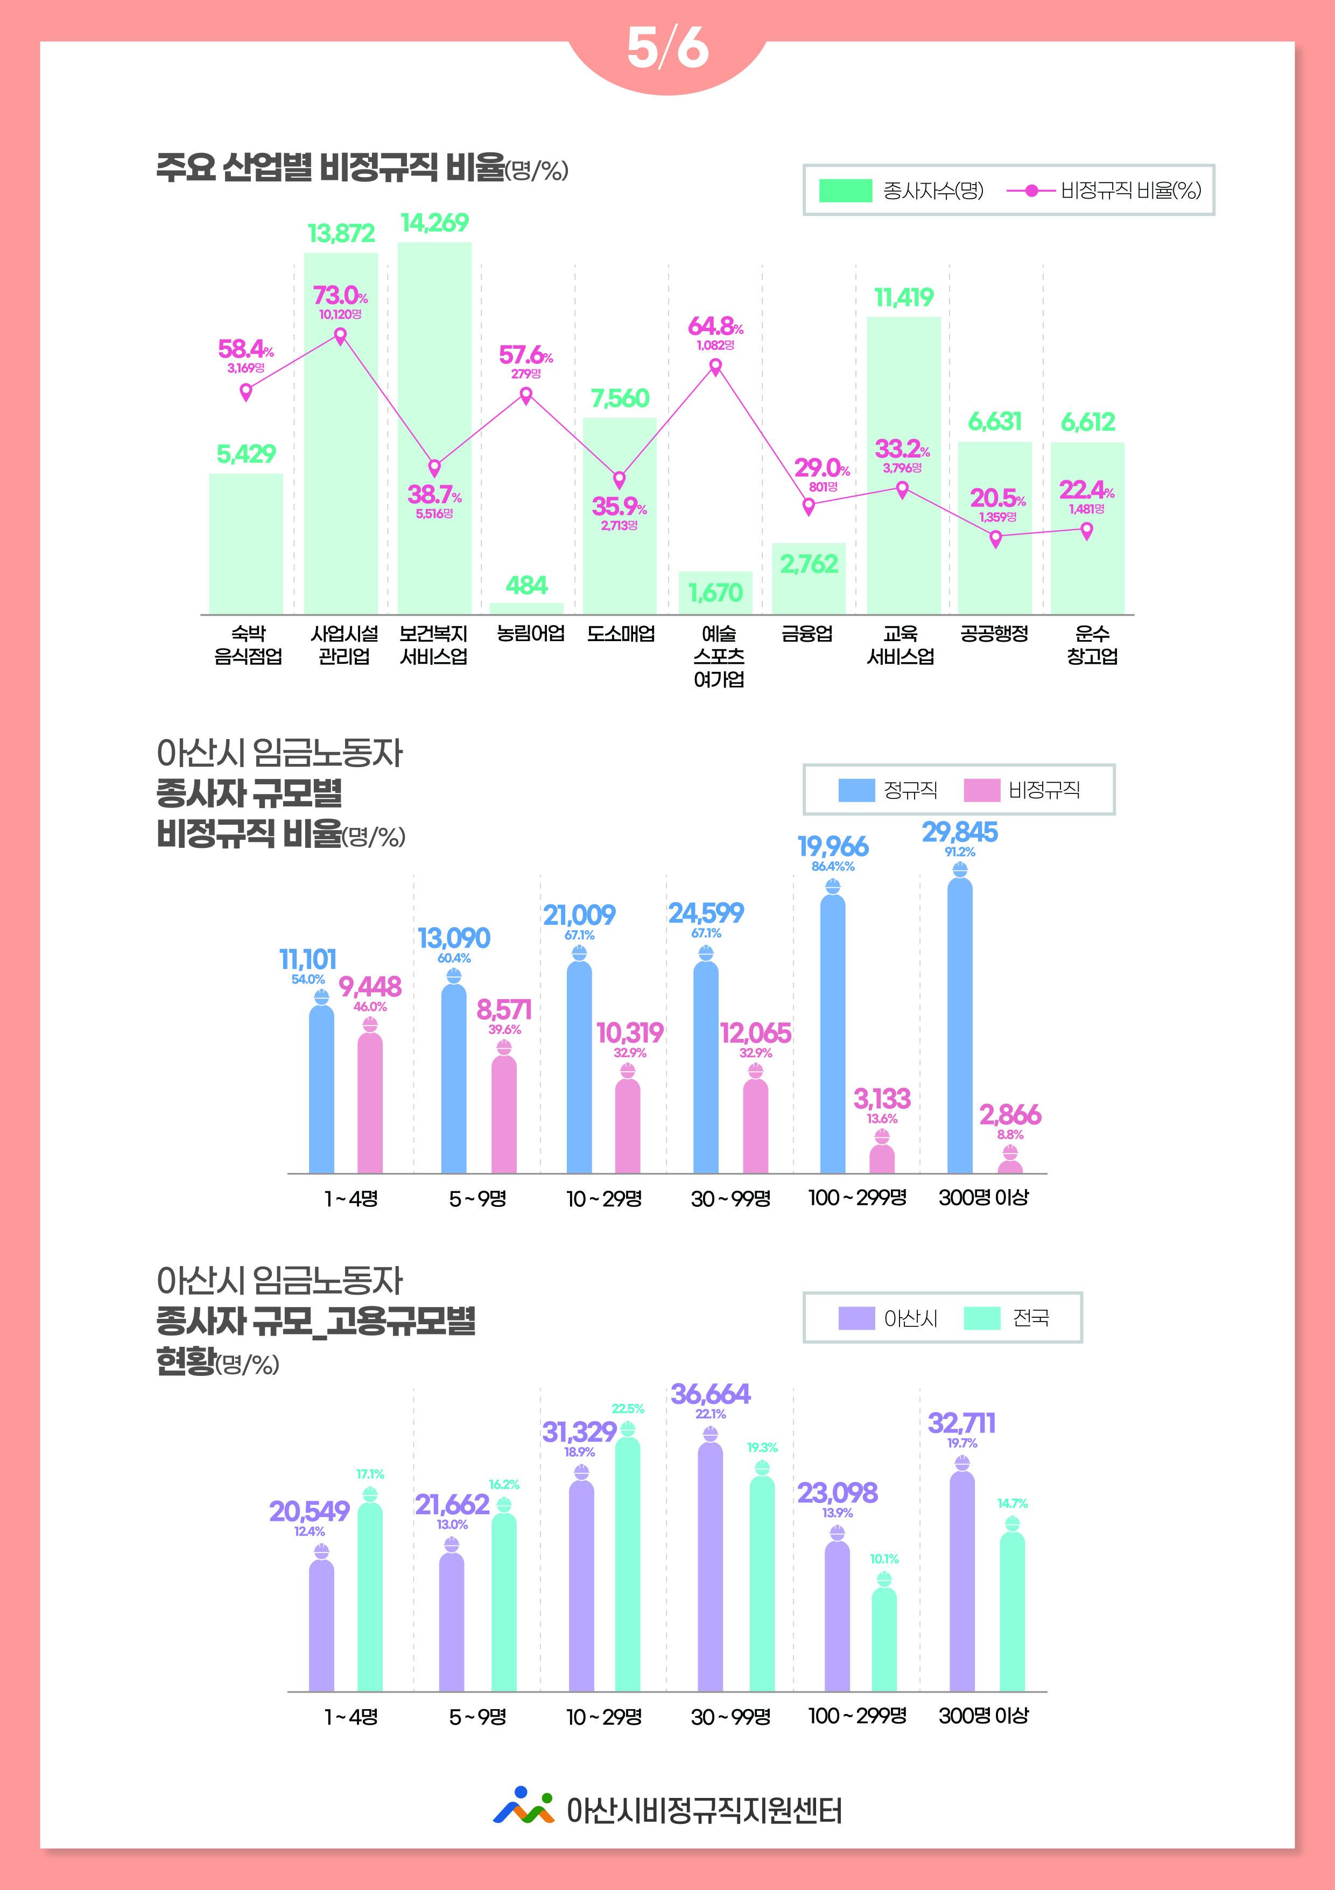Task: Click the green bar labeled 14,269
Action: click(x=434, y=428)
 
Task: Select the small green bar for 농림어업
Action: click(x=527, y=608)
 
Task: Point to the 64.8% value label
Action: click(x=714, y=327)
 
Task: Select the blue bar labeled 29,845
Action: click(x=960, y=1025)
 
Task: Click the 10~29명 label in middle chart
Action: click(x=604, y=1198)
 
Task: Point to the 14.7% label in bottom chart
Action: click(x=1013, y=1503)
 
